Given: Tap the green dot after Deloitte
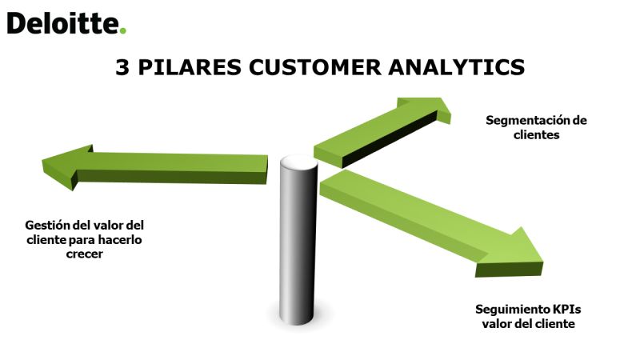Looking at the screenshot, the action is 123,30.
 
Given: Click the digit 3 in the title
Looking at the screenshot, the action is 122,67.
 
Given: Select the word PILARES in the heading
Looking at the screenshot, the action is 190,67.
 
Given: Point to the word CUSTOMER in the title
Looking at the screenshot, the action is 315,67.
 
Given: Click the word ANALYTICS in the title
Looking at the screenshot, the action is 456,67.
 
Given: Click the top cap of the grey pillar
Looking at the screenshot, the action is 298,162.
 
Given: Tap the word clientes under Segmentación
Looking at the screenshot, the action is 536,135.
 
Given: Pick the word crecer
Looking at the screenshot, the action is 85,254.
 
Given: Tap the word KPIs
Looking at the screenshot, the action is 567,310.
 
